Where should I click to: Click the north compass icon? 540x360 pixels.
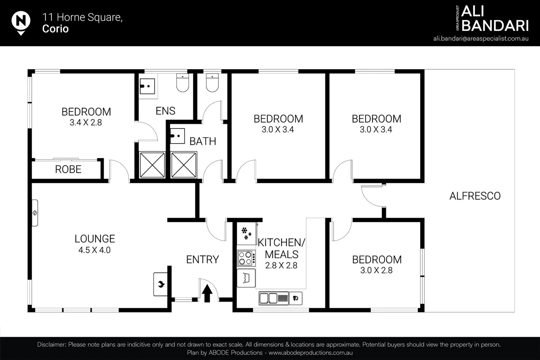[x=21, y=22]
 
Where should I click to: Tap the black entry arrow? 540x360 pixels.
[x=207, y=293]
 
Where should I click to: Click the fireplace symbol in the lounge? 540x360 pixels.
[x=160, y=284]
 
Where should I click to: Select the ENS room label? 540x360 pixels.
[x=165, y=111]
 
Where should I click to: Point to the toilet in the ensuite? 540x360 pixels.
[x=182, y=82]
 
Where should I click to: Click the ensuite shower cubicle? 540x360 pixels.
[x=152, y=165]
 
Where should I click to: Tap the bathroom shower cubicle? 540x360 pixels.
[x=183, y=165]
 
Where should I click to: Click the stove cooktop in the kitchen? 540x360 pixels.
[x=246, y=258]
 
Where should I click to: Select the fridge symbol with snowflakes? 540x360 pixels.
[x=246, y=233]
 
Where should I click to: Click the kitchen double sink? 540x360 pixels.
[x=274, y=298]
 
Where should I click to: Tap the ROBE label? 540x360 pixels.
[x=68, y=169]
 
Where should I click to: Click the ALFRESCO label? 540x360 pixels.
[x=475, y=196]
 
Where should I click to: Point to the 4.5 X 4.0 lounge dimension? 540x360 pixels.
[x=94, y=250]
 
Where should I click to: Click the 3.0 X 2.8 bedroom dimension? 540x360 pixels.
[x=376, y=270]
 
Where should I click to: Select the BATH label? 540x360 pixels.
[x=203, y=141]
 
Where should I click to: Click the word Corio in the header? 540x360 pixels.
[x=55, y=29]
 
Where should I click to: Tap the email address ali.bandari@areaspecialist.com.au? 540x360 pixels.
[x=481, y=38]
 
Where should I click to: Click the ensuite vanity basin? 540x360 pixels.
[x=147, y=86]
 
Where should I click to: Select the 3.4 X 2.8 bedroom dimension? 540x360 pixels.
[x=86, y=123]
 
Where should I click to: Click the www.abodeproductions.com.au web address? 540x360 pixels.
[x=311, y=353]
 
